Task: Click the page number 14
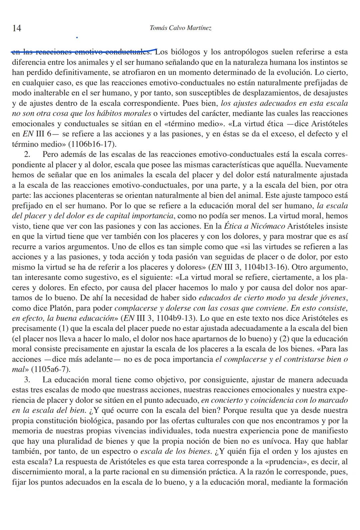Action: click(x=16, y=28)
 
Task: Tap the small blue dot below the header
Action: click(x=77, y=37)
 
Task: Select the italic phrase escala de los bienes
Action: click(x=176, y=452)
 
